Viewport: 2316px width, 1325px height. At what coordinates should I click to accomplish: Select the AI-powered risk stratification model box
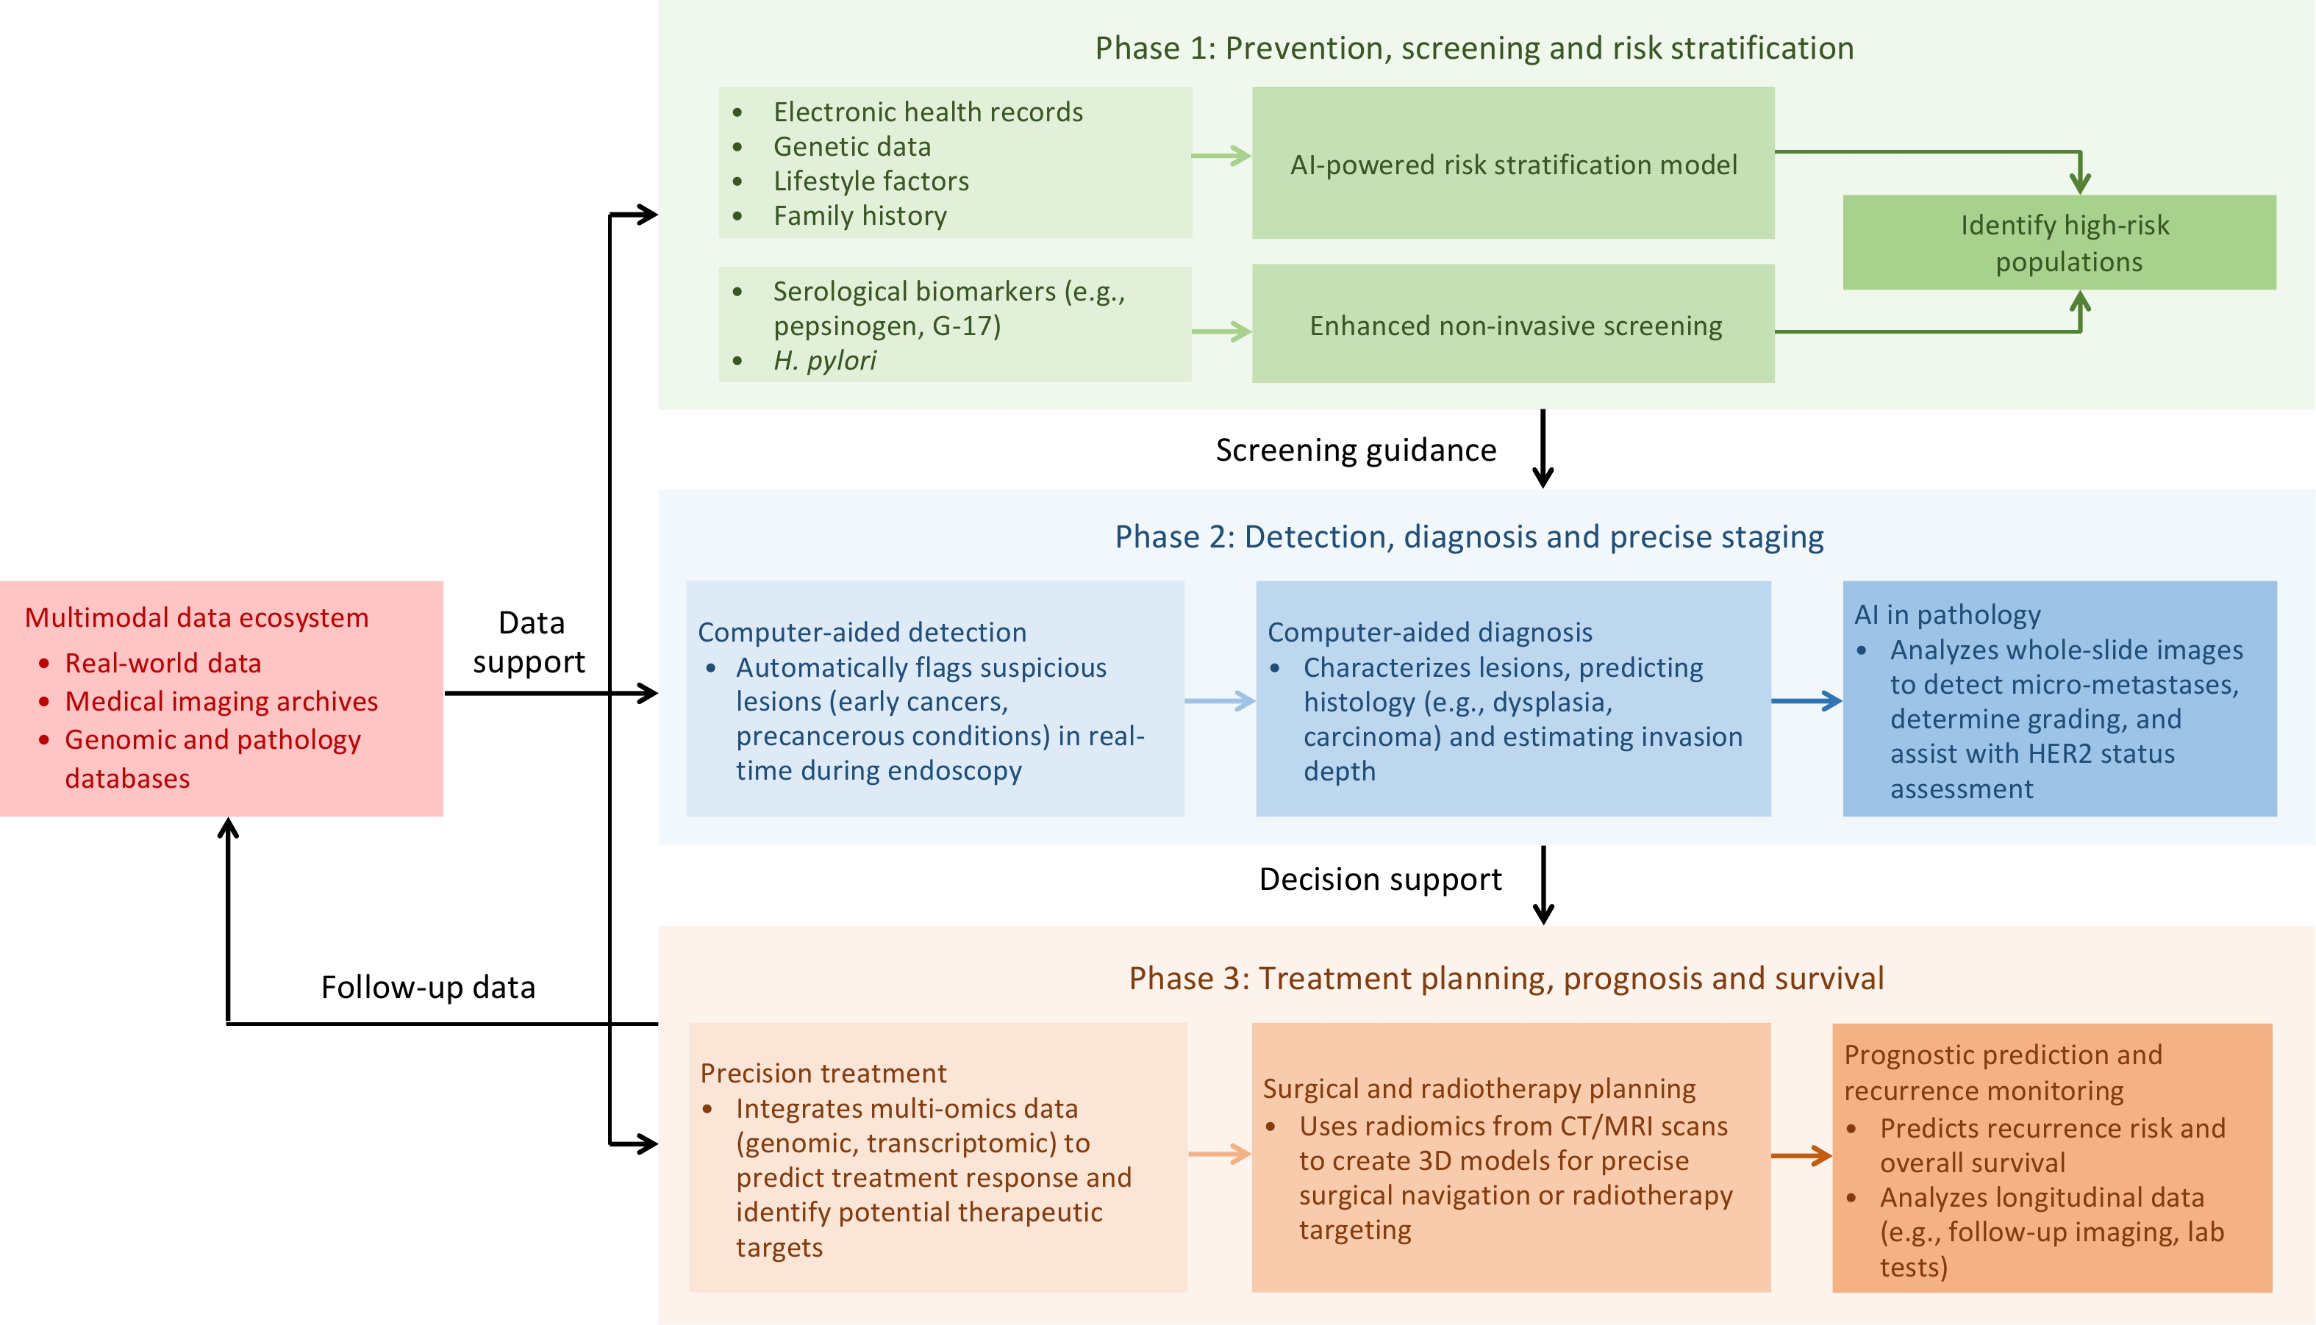pyautogui.click(x=1513, y=164)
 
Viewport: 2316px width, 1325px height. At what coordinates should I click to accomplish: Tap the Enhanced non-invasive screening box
pyautogui.click(x=1513, y=325)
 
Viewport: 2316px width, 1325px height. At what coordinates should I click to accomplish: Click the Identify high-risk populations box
pyautogui.click(x=2059, y=243)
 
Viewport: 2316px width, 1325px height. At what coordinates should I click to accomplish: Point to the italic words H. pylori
pyautogui.click(x=825, y=360)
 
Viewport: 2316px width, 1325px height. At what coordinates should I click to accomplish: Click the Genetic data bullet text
pyautogui.click(x=852, y=146)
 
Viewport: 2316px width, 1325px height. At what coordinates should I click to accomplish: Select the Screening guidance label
pyautogui.click(x=1356, y=450)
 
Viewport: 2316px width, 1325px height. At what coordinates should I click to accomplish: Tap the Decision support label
pyautogui.click(x=1380, y=879)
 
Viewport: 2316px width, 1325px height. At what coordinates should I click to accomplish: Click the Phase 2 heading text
pyautogui.click(x=1469, y=537)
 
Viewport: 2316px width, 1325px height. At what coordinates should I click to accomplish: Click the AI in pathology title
pyautogui.click(x=1948, y=615)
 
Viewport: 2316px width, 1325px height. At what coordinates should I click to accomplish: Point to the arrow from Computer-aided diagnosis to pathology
pyautogui.click(x=1806, y=701)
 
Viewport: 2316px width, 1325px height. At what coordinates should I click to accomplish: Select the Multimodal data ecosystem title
pyautogui.click(x=196, y=617)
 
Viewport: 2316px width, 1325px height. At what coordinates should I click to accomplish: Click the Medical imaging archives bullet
pyautogui.click(x=221, y=701)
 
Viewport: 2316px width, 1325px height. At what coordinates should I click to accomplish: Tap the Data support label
pyautogui.click(x=531, y=642)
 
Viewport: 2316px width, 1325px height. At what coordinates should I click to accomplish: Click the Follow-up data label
pyautogui.click(x=428, y=988)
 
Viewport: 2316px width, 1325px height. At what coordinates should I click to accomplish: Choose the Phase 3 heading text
pyautogui.click(x=1506, y=978)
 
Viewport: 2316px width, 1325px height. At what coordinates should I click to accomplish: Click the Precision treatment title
pyautogui.click(x=823, y=1073)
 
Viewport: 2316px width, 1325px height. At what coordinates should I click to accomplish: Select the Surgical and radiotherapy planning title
pyautogui.click(x=1479, y=1088)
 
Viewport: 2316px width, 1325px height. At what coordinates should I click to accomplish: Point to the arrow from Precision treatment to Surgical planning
pyautogui.click(x=1220, y=1154)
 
